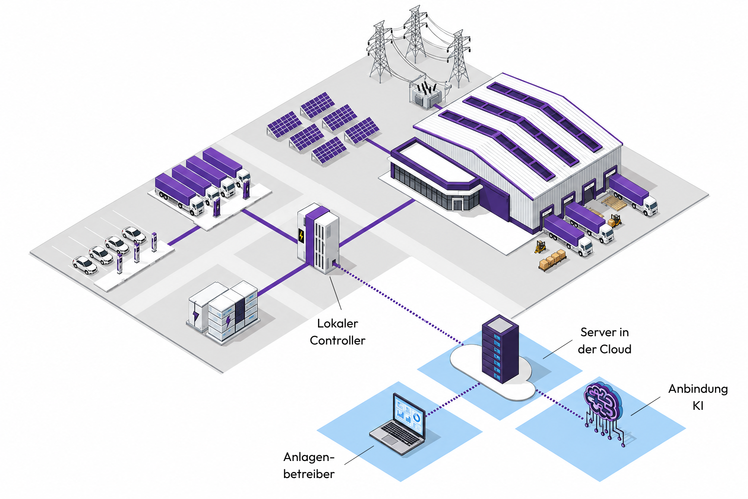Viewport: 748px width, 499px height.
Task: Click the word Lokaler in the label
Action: [x=337, y=323]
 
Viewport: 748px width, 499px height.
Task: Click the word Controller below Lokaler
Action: [x=337, y=340]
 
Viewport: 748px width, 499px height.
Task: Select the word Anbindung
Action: [x=698, y=389]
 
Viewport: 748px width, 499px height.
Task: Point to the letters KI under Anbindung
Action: [x=698, y=406]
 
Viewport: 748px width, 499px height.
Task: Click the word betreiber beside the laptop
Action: [x=309, y=474]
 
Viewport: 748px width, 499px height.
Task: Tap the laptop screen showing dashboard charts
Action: [x=409, y=416]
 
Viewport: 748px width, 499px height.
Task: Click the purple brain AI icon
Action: [x=603, y=412]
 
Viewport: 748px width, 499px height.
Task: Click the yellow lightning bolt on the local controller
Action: [x=301, y=236]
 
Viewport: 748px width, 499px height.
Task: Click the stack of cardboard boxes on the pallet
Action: [x=553, y=260]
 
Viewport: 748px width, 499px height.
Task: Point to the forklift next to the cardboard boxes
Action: [x=540, y=246]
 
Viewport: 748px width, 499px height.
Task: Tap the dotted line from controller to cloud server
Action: [x=399, y=304]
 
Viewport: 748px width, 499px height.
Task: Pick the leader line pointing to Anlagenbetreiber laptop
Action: [x=359, y=455]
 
